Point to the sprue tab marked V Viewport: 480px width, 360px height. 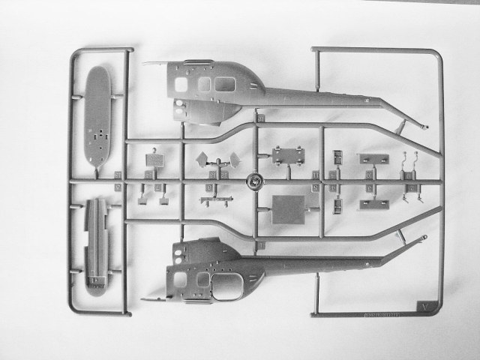tap(424, 305)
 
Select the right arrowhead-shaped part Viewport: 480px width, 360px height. tap(235, 159)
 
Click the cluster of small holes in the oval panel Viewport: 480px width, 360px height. tap(99, 135)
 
